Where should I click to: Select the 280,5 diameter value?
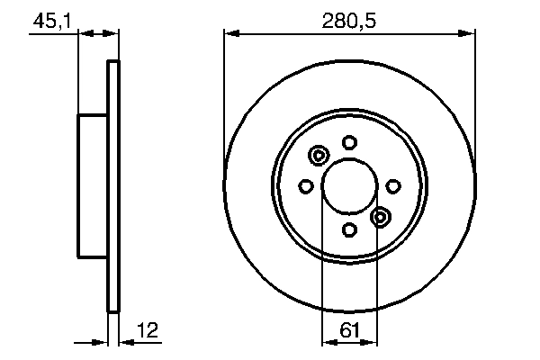click(350, 20)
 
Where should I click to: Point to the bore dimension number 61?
click(350, 330)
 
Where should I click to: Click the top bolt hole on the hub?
click(350, 141)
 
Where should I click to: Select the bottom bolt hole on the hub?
click(350, 229)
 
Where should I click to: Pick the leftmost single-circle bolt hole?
click(305, 185)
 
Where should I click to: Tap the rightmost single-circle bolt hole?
click(393, 185)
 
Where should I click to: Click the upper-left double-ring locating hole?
click(319, 157)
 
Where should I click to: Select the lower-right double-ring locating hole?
click(381, 216)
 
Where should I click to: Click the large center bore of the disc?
click(350, 185)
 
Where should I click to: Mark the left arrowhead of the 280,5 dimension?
click(230, 33)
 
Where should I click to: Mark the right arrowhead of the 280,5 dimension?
click(469, 33)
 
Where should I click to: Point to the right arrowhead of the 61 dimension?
click(372, 342)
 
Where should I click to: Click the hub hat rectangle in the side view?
click(93, 185)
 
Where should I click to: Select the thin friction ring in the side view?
click(113, 185)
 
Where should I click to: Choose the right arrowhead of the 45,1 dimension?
click(114, 33)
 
